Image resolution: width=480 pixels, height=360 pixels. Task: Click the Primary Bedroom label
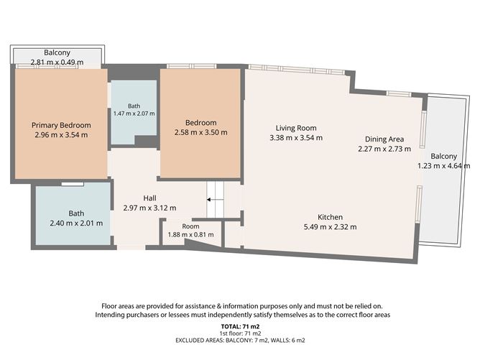pyautogui.click(x=61, y=125)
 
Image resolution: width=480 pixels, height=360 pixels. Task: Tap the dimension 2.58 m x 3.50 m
pyautogui.click(x=200, y=132)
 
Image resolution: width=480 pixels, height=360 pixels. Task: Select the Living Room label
pyautogui.click(x=296, y=128)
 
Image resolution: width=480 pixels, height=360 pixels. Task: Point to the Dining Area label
pyautogui.click(x=384, y=139)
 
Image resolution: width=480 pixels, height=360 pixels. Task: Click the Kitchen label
pyautogui.click(x=330, y=217)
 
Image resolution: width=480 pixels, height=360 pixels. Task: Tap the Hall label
pyautogui.click(x=149, y=198)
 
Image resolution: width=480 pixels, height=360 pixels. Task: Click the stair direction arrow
pyautogui.click(x=215, y=200)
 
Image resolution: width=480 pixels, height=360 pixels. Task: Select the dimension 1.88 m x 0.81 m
pyautogui.click(x=190, y=235)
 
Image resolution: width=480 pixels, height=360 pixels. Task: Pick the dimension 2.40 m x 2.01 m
pyautogui.click(x=76, y=223)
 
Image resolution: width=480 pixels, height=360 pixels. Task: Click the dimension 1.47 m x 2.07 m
pyautogui.click(x=134, y=114)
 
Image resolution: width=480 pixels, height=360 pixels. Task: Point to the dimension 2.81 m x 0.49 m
pyautogui.click(x=57, y=62)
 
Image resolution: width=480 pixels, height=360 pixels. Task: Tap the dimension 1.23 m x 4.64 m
pyautogui.click(x=444, y=166)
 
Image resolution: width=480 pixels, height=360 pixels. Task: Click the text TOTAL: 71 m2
pyautogui.click(x=240, y=327)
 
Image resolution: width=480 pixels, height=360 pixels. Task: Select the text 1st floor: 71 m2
pyautogui.click(x=240, y=333)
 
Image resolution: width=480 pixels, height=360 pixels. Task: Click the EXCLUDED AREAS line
pyautogui.click(x=240, y=340)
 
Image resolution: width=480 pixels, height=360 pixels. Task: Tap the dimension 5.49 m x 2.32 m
pyautogui.click(x=330, y=227)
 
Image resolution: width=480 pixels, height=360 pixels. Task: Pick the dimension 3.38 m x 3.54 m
pyautogui.click(x=296, y=138)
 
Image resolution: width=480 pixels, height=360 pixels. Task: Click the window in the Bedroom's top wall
pyautogui.click(x=192, y=66)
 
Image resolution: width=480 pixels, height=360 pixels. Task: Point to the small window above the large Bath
pyautogui.click(x=73, y=184)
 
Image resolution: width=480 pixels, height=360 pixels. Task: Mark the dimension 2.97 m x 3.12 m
pyautogui.click(x=149, y=208)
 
